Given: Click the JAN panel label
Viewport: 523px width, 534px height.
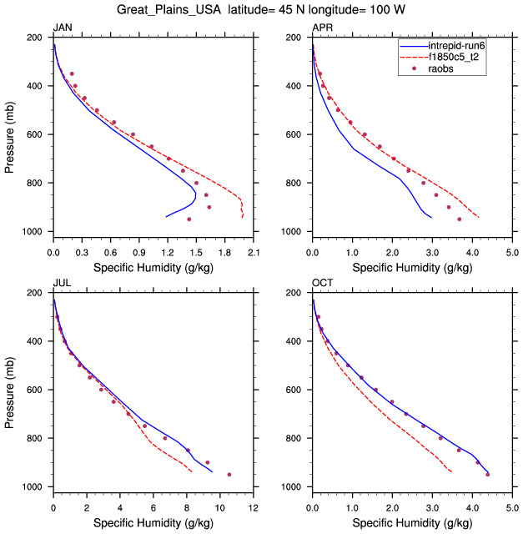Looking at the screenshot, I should tap(62, 28).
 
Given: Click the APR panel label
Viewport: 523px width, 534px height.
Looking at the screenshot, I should tap(321, 28).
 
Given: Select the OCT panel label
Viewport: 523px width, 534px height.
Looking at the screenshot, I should tap(322, 283).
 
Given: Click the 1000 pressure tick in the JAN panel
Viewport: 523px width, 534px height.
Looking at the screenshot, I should tap(37, 231).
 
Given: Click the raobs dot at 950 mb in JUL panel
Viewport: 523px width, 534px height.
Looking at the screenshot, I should tap(229, 474).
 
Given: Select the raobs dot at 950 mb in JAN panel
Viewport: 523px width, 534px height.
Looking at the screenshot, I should tap(189, 219).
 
